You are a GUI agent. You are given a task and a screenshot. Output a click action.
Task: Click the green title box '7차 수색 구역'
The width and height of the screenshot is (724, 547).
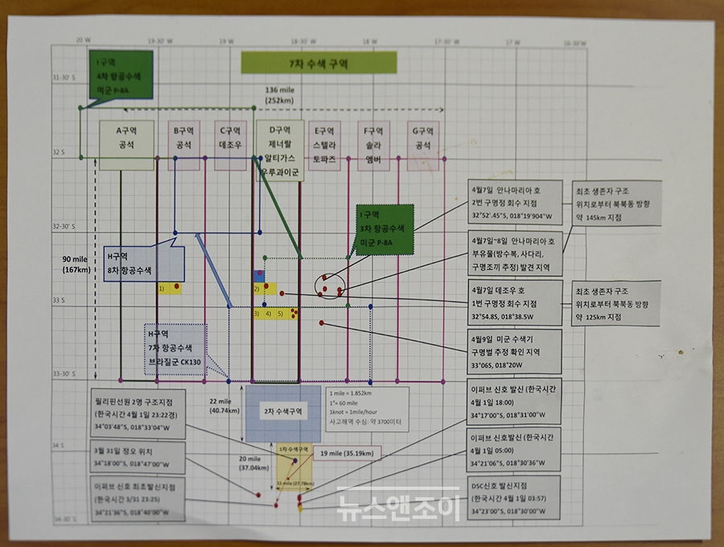tap(319, 63)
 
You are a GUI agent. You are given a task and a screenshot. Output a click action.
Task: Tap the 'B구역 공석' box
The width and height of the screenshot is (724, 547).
tap(183, 145)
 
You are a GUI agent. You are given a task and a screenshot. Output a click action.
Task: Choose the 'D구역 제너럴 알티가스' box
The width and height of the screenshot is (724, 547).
tap(278, 151)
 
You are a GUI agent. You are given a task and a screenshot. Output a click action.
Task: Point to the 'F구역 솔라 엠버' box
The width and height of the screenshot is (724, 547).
tap(373, 145)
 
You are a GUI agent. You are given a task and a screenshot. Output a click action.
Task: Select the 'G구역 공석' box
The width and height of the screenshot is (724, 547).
tap(423, 145)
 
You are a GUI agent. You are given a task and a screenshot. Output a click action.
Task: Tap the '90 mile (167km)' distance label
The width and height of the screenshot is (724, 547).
tap(76, 265)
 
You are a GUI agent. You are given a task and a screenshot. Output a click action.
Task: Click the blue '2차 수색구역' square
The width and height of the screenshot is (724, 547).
tap(277, 412)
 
